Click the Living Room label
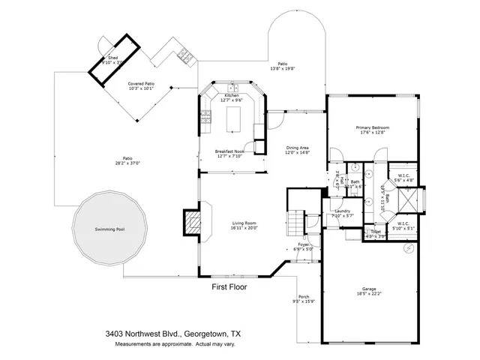click(244, 223)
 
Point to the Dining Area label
click(298, 147)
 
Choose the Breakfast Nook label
click(229, 151)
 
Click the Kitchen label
click(231, 96)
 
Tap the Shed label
click(112, 58)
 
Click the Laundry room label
click(342, 211)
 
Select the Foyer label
click(303, 244)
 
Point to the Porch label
click(304, 297)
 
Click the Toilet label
click(375, 232)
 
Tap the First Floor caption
click(228, 286)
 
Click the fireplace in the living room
click(193, 222)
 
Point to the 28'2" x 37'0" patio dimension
click(127, 163)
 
